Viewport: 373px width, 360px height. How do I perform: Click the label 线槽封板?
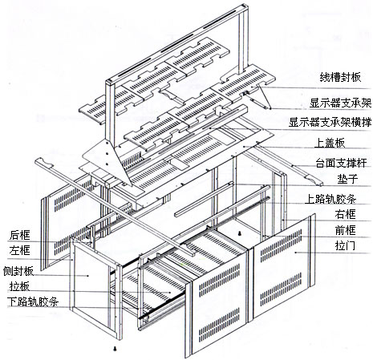coord(340,78)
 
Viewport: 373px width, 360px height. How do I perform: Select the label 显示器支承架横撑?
coord(330,123)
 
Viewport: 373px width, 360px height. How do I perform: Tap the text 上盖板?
coord(330,143)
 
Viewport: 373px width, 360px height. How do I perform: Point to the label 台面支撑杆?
coord(341,163)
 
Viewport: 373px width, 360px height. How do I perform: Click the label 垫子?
coord(347,179)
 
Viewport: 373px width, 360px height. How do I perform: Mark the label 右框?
coord(345,214)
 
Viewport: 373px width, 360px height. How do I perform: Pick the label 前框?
coord(345,230)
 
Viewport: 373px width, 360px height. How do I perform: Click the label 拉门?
coord(345,245)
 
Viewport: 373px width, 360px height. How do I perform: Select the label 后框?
coord(20,235)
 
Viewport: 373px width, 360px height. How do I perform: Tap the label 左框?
coord(20,251)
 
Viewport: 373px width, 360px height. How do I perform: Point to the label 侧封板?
coord(18,271)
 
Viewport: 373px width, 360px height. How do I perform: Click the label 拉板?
coord(19,286)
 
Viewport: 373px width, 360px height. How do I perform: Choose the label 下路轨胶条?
coord(33,301)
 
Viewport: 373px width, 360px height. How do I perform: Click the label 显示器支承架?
coord(340,103)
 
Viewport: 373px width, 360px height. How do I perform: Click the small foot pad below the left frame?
coord(116,349)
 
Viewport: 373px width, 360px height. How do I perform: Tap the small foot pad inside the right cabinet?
coord(241,233)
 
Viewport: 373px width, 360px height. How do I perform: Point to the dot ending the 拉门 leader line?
coord(296,252)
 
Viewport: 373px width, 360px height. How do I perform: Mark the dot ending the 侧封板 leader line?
coord(88,276)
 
